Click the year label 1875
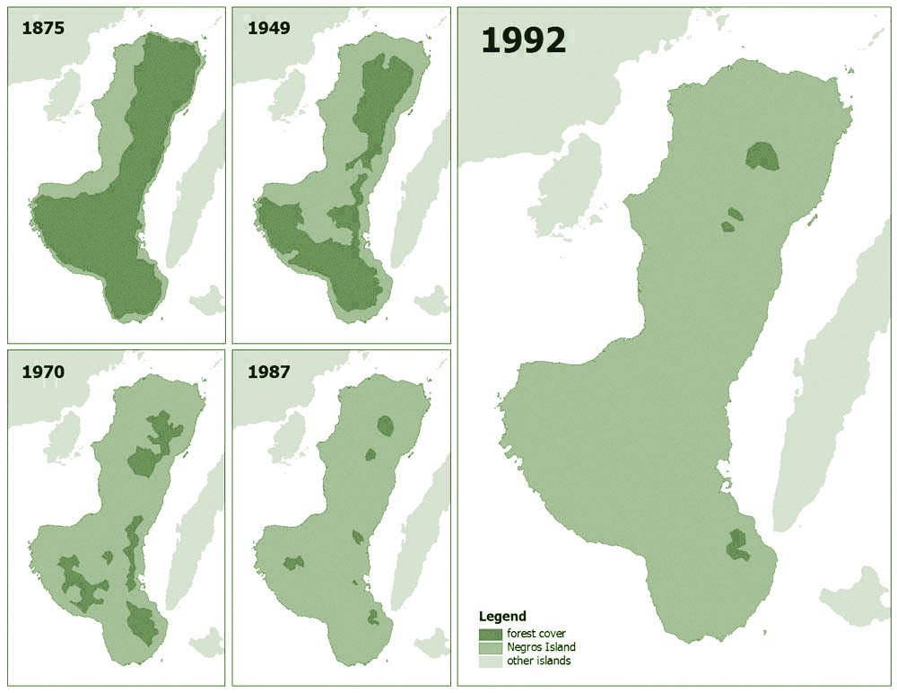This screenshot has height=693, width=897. coord(42,28)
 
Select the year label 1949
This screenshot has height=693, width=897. coord(268,28)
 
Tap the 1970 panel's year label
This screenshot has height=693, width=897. coord(42,371)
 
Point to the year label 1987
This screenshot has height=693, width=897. coord(268,371)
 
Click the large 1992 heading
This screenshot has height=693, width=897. coord(524,40)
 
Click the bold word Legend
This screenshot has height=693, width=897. coord(502,617)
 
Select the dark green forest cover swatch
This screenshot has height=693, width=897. coord(490,634)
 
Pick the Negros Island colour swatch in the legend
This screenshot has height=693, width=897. coord(490,647)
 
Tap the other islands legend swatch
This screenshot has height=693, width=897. coord(490,661)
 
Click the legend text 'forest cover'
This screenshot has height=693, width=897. coord(536,634)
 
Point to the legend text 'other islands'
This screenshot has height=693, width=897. coord(538,661)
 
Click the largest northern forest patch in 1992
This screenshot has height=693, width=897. coord(762,157)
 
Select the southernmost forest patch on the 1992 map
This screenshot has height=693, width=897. coord(738,545)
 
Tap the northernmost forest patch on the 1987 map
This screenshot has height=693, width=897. coord(387,425)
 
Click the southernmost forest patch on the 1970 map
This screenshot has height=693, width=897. coord(142,621)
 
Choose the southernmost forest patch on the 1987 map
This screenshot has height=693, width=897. coord(373,617)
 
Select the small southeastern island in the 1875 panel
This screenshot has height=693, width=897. coord(208,300)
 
